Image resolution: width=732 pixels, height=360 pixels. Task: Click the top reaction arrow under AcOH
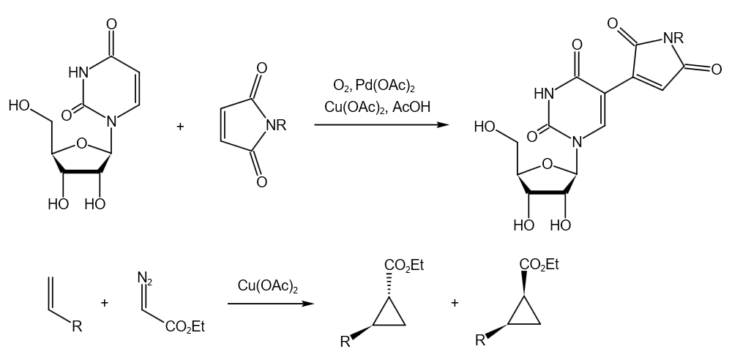pos(381,124)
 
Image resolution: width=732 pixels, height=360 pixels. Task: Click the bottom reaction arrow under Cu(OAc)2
pos(271,304)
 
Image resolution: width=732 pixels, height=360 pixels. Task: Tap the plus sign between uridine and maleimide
pos(181,127)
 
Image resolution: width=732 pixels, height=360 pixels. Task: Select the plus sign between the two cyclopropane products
pos(455,303)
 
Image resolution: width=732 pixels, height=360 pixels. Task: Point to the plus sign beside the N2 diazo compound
pos(104,303)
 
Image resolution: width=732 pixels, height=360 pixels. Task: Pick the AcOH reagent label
pos(411,108)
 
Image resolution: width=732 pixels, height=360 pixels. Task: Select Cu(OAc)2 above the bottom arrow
pos(267,286)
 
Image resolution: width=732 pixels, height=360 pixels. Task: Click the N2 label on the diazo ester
pos(145,278)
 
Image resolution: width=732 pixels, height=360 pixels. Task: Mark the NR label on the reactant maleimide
pos(276,125)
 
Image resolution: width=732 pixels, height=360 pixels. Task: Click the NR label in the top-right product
pos(673,38)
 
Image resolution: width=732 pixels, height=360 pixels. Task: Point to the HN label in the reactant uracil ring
pos(78,72)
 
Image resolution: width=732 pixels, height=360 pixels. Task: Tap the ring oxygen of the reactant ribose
pos(82,143)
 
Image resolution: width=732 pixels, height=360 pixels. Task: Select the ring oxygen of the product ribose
pos(548,165)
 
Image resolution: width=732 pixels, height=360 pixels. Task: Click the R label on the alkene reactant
pos(77,326)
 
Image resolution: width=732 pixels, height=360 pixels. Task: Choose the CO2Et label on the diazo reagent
pos(185,327)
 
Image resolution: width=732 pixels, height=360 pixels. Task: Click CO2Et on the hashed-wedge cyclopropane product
pos(404,266)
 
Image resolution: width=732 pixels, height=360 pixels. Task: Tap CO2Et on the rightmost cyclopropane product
pos(539,265)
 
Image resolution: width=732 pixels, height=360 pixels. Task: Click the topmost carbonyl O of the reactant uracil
pos(111,24)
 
